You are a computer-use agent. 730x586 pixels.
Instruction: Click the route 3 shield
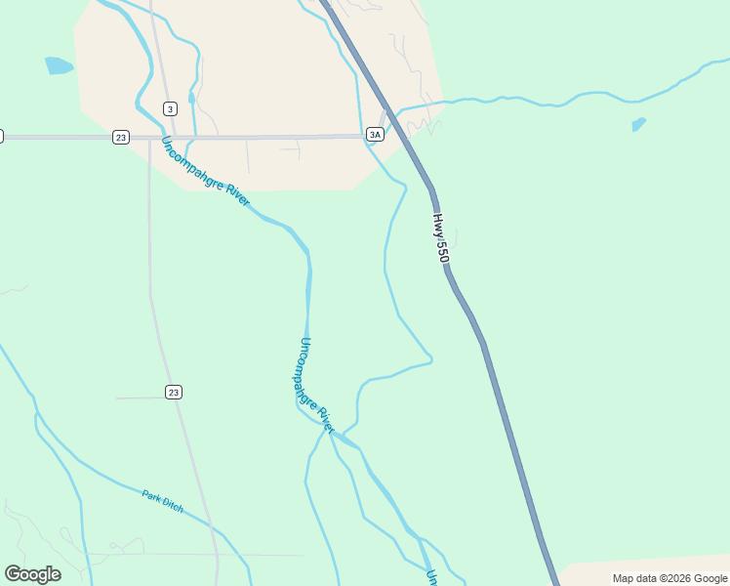tap(171, 108)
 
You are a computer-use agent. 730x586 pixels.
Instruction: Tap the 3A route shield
tap(375, 134)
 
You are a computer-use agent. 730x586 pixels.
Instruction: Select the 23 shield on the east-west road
tap(120, 137)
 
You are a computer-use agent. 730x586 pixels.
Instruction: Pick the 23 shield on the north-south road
tap(174, 392)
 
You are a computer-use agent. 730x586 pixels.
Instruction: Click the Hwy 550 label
tap(441, 238)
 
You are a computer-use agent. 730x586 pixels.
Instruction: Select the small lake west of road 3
tap(59, 66)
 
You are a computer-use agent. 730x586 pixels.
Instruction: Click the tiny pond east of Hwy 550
tap(638, 125)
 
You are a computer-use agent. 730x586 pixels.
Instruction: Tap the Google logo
tap(32, 573)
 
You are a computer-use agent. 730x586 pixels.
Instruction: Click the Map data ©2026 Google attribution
tap(669, 578)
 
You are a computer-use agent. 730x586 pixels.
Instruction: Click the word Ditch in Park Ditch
tap(173, 506)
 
